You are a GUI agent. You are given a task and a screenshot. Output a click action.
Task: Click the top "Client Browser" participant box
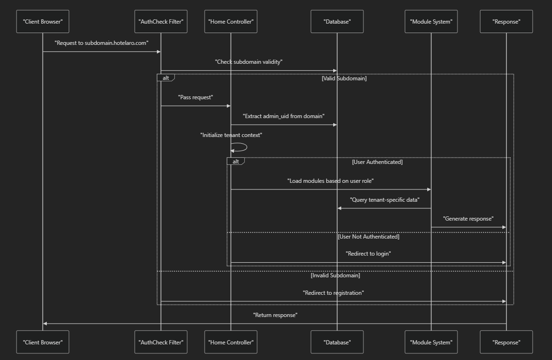tap(43, 22)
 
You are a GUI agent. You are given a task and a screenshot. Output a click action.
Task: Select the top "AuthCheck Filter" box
tap(161, 22)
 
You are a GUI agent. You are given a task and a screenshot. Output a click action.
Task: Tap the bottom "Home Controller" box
tap(231, 342)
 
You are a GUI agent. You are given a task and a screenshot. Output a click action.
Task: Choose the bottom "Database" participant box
tap(337, 342)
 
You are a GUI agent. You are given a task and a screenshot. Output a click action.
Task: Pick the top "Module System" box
tap(431, 22)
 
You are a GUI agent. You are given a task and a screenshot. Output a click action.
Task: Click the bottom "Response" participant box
tap(506, 342)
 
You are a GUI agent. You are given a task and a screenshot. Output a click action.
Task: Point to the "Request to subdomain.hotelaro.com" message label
tap(102, 43)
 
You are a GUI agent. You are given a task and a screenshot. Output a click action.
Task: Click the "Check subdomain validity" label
tap(249, 62)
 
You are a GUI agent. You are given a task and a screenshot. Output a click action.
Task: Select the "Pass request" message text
tap(196, 97)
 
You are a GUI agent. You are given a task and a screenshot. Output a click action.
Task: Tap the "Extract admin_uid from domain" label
tap(284, 116)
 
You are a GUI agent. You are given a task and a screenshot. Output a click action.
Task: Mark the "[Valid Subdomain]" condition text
tap(344, 78)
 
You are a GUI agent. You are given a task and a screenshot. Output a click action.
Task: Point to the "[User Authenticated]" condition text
tap(377, 162)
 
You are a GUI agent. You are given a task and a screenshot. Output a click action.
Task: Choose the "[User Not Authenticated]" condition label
tap(368, 237)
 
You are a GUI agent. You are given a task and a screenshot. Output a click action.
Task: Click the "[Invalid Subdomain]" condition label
tap(335, 275)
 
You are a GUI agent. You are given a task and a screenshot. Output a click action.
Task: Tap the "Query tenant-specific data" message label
tap(384, 200)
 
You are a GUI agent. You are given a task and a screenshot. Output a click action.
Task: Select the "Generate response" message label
tap(468, 219)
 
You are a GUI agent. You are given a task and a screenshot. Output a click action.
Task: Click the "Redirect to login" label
tap(368, 254)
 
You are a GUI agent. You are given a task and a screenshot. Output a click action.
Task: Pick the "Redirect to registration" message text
tap(333, 293)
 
